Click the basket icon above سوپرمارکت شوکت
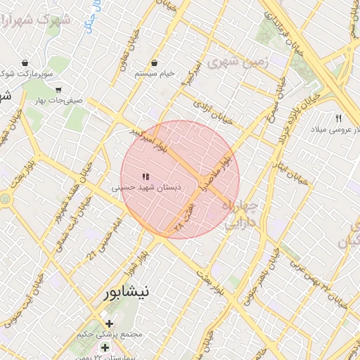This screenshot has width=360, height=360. (25, 63)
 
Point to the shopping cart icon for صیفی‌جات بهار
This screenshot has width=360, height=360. (58, 90)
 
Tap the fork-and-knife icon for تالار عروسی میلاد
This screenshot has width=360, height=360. (339, 118)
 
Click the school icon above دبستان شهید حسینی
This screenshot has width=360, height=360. (146, 177)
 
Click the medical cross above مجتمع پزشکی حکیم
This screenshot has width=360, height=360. (109, 323)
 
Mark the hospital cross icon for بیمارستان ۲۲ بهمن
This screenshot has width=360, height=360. (105, 347)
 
